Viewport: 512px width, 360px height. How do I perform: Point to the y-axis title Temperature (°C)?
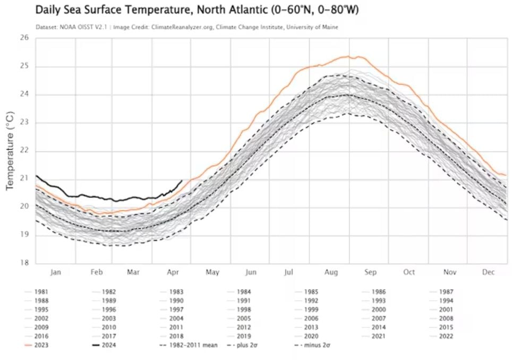[x=9, y=150]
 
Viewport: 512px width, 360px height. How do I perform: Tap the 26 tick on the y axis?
[x=24, y=38]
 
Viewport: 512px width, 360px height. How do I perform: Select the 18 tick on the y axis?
[x=24, y=263]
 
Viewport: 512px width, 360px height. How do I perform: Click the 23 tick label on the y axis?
[x=24, y=122]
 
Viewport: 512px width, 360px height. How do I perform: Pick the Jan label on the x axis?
[x=56, y=272]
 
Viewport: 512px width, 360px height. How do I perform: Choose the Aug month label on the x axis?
[x=331, y=272]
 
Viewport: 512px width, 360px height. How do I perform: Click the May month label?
[x=212, y=272]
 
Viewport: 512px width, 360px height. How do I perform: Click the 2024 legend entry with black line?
[x=109, y=345]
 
